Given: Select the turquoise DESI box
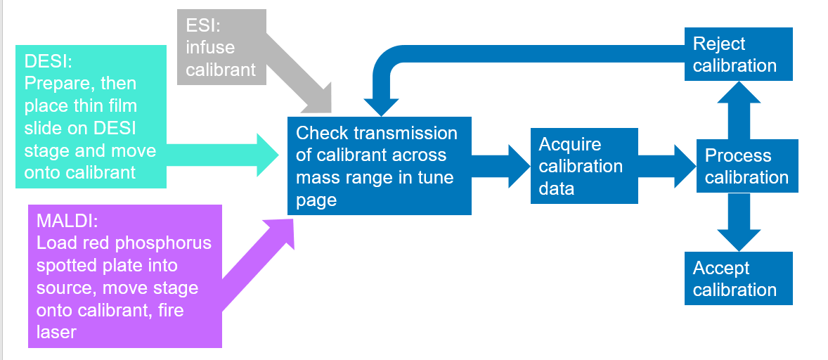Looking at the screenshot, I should (x=91, y=117).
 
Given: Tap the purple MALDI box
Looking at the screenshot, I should (x=124, y=276).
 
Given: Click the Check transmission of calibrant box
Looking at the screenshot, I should (x=379, y=166).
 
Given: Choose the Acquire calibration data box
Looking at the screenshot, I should (x=583, y=166).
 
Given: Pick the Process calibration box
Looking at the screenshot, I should (x=746, y=166).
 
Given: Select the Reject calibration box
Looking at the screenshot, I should (x=738, y=54).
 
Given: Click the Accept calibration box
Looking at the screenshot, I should (x=738, y=278).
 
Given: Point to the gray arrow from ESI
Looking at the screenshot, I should (x=300, y=79).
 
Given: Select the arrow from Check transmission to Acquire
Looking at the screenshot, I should (x=500, y=166).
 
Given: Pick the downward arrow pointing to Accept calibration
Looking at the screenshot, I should (x=739, y=221).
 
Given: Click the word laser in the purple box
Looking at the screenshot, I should (x=56, y=331).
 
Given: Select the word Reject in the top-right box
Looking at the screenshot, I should (x=718, y=44).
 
